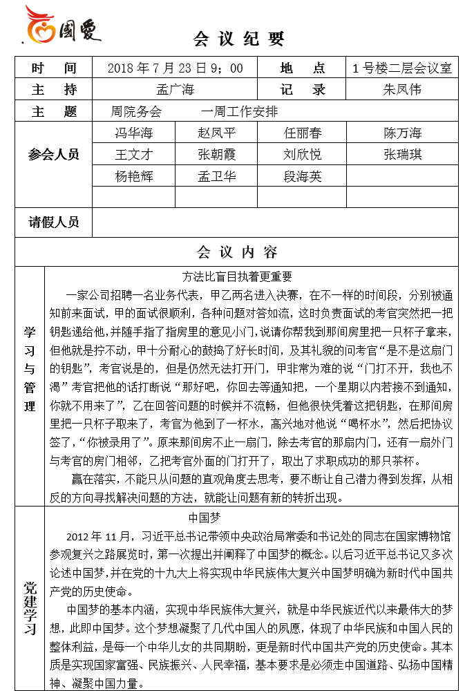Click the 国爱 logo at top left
click(x=62, y=26)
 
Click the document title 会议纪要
click(x=239, y=39)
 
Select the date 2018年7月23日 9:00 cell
click(x=176, y=68)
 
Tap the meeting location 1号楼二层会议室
click(x=401, y=68)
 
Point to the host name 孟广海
click(x=176, y=89)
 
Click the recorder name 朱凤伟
click(x=402, y=89)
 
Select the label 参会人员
click(x=53, y=154)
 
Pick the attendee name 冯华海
click(x=134, y=133)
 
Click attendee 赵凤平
click(x=216, y=133)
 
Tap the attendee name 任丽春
click(x=303, y=133)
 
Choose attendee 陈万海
click(x=402, y=133)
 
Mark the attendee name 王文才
click(x=134, y=154)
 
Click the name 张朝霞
click(x=216, y=154)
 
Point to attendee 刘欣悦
click(x=303, y=154)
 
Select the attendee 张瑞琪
click(x=402, y=154)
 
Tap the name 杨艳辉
click(x=134, y=176)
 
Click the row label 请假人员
click(x=53, y=222)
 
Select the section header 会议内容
click(x=237, y=252)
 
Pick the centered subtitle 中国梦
click(x=205, y=517)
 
